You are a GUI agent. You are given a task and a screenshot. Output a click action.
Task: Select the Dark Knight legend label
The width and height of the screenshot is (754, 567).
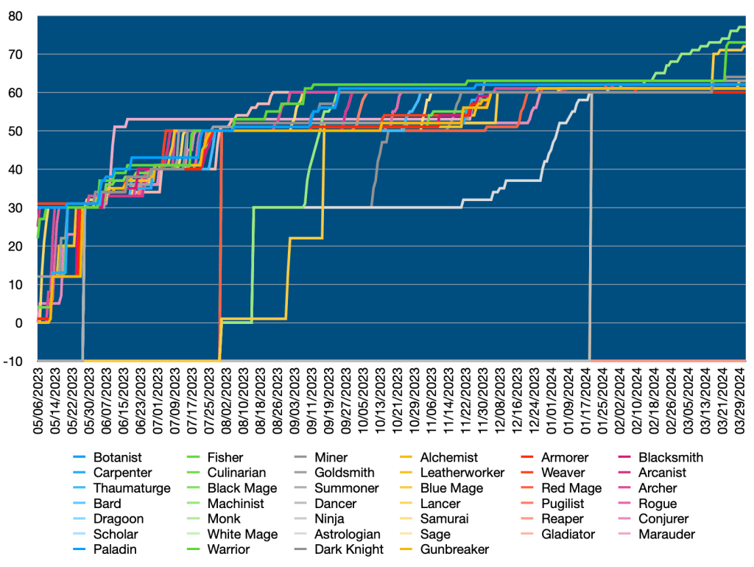[x=348, y=549]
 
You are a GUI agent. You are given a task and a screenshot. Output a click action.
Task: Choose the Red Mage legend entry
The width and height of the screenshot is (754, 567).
[x=571, y=488]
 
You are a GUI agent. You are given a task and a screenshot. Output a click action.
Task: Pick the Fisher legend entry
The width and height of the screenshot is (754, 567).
[x=225, y=457]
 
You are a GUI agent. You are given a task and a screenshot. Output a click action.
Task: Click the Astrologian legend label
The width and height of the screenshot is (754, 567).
[x=348, y=534]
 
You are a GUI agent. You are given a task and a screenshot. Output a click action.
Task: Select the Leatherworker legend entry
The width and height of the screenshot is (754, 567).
[x=462, y=473]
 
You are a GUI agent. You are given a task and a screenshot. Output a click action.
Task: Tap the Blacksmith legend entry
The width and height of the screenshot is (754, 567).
[x=671, y=457]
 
